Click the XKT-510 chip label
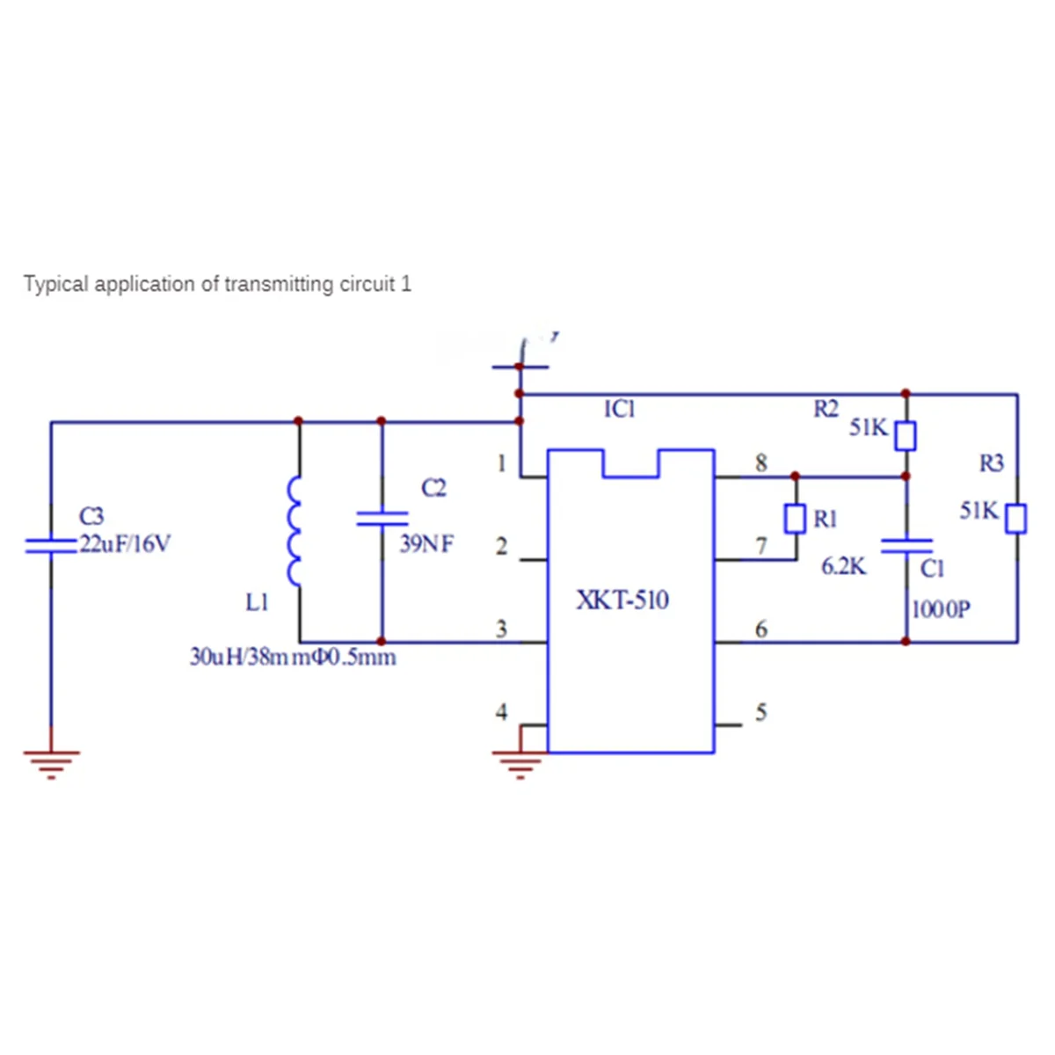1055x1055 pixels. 622,600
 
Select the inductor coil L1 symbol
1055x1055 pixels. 295,532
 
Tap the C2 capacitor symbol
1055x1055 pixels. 382,518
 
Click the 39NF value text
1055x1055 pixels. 426,544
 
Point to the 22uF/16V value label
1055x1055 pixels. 125,544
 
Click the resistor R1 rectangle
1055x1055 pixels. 795,519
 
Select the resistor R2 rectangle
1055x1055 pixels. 906,435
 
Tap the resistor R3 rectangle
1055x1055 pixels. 1016,518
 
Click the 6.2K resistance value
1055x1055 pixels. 843,567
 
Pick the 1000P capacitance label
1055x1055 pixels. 942,609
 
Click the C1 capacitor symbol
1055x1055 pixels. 906,546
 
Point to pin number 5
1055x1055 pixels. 761,711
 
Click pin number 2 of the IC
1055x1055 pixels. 501,546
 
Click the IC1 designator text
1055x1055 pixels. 620,409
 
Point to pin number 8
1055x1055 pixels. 761,462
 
